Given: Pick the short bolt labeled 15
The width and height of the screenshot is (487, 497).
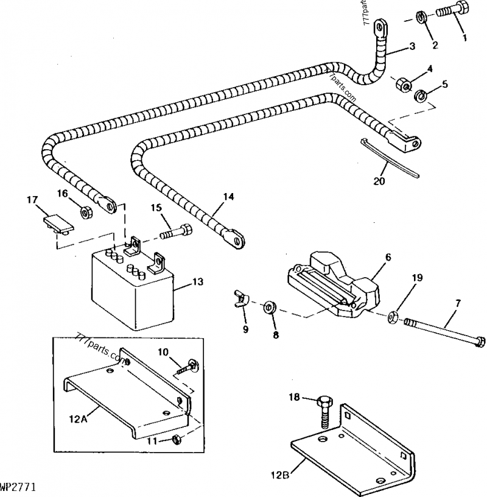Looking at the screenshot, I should tap(177, 232).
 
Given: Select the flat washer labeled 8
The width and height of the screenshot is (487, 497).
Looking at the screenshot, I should tap(268, 306).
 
